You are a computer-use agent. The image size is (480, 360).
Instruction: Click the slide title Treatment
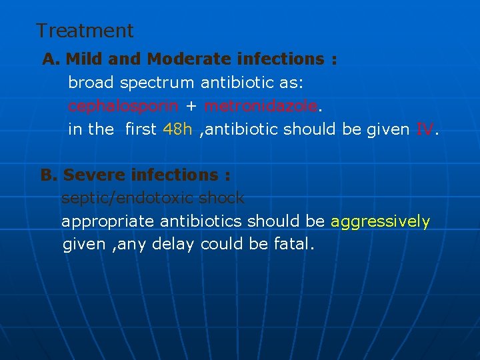[x=85, y=31]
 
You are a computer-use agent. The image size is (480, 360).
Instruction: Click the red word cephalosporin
[x=123, y=106]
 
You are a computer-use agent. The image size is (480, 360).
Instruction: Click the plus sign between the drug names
[x=191, y=107]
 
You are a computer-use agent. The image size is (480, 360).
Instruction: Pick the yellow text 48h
[x=177, y=129]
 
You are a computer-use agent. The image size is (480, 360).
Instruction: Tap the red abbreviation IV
[x=424, y=129]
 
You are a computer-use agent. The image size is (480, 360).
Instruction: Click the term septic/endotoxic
[x=128, y=199]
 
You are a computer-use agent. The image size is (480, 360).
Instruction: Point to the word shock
[x=222, y=199]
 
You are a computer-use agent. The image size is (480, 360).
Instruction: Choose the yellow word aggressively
[x=381, y=221]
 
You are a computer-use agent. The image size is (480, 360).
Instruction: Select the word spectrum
[x=158, y=83]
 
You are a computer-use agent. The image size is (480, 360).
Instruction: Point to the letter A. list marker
[x=51, y=59]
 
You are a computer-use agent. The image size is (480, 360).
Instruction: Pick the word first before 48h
[x=141, y=129]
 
